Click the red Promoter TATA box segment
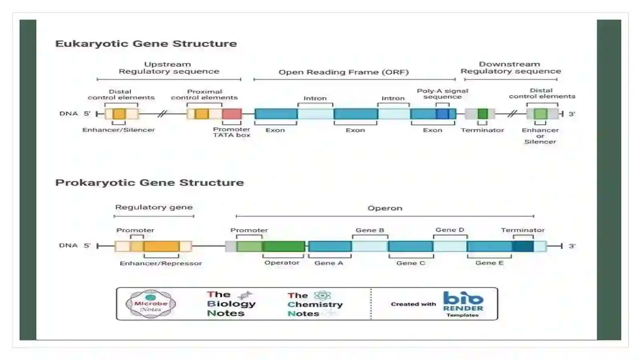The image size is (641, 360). (x=232, y=114)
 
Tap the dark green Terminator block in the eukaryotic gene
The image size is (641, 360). (x=482, y=114)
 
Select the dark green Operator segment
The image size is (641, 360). (x=284, y=246)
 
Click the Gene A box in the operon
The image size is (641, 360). (x=330, y=246)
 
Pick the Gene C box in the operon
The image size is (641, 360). (x=411, y=246)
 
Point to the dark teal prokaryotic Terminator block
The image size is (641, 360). (x=523, y=246)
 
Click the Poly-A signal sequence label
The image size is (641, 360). (x=442, y=94)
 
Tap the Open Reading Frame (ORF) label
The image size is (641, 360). (x=343, y=72)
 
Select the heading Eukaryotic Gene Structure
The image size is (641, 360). (x=146, y=44)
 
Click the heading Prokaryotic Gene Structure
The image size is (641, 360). (x=149, y=183)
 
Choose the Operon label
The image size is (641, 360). (x=385, y=208)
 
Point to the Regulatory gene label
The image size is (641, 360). (x=154, y=207)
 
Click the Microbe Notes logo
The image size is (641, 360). (x=151, y=304)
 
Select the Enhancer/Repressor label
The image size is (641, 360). (x=161, y=263)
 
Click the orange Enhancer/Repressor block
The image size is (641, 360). (x=162, y=246)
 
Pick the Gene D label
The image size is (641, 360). (x=450, y=230)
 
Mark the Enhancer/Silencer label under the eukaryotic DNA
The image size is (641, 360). (x=119, y=130)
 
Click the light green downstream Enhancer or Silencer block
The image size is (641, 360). (x=540, y=114)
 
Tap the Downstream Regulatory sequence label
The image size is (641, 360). (x=510, y=68)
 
